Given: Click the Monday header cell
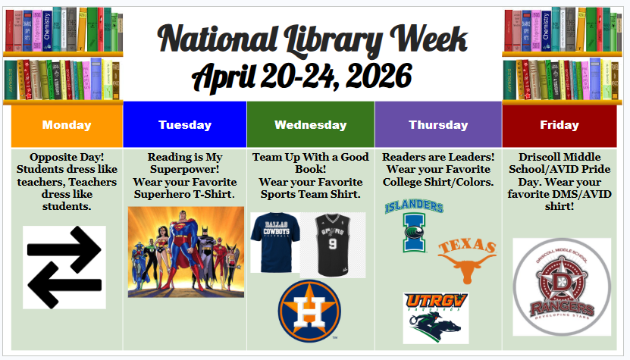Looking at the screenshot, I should pos(67,125).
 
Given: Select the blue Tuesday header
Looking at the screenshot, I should pos(185,125).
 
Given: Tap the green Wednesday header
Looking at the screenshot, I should pos(310,125).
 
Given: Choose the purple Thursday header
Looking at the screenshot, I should pos(438,125).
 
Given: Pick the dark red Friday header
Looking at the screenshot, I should pos(559,125).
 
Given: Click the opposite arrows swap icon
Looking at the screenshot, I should pos(64,267).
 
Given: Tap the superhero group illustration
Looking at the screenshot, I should pos(186,252).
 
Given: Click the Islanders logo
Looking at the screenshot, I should pos(414,225).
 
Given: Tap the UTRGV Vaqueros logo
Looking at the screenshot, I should pos(436,318).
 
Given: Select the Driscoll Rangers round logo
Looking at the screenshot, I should pos(562,287).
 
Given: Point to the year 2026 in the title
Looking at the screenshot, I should pos(371,76).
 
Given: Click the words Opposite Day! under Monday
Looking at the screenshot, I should pos(67,157).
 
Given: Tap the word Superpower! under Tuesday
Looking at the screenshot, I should pos(185,170).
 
